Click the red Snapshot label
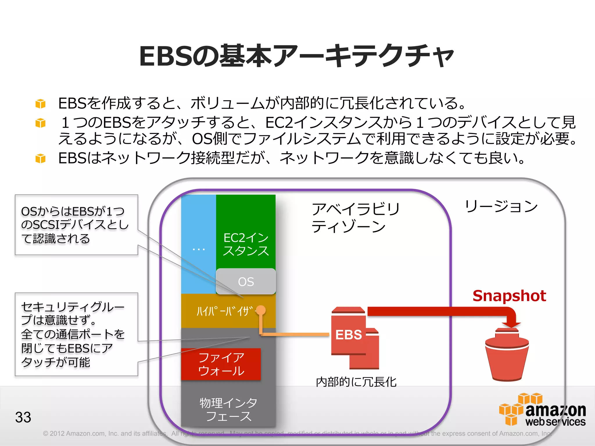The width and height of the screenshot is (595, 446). [509, 296]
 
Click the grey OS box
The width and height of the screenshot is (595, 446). [246, 281]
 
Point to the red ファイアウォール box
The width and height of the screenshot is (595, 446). [221, 364]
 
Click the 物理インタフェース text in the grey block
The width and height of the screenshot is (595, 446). [228, 409]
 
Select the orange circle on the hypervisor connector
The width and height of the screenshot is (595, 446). [261, 310]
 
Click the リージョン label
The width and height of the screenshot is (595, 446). [501, 206]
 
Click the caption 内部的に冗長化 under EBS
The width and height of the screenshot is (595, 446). [356, 382]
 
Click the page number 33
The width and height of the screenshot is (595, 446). [23, 417]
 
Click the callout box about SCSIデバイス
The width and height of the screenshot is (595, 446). [76, 225]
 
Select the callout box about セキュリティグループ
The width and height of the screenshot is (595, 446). [76, 334]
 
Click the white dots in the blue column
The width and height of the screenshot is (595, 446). [199, 249]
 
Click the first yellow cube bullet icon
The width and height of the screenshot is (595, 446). [40, 104]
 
